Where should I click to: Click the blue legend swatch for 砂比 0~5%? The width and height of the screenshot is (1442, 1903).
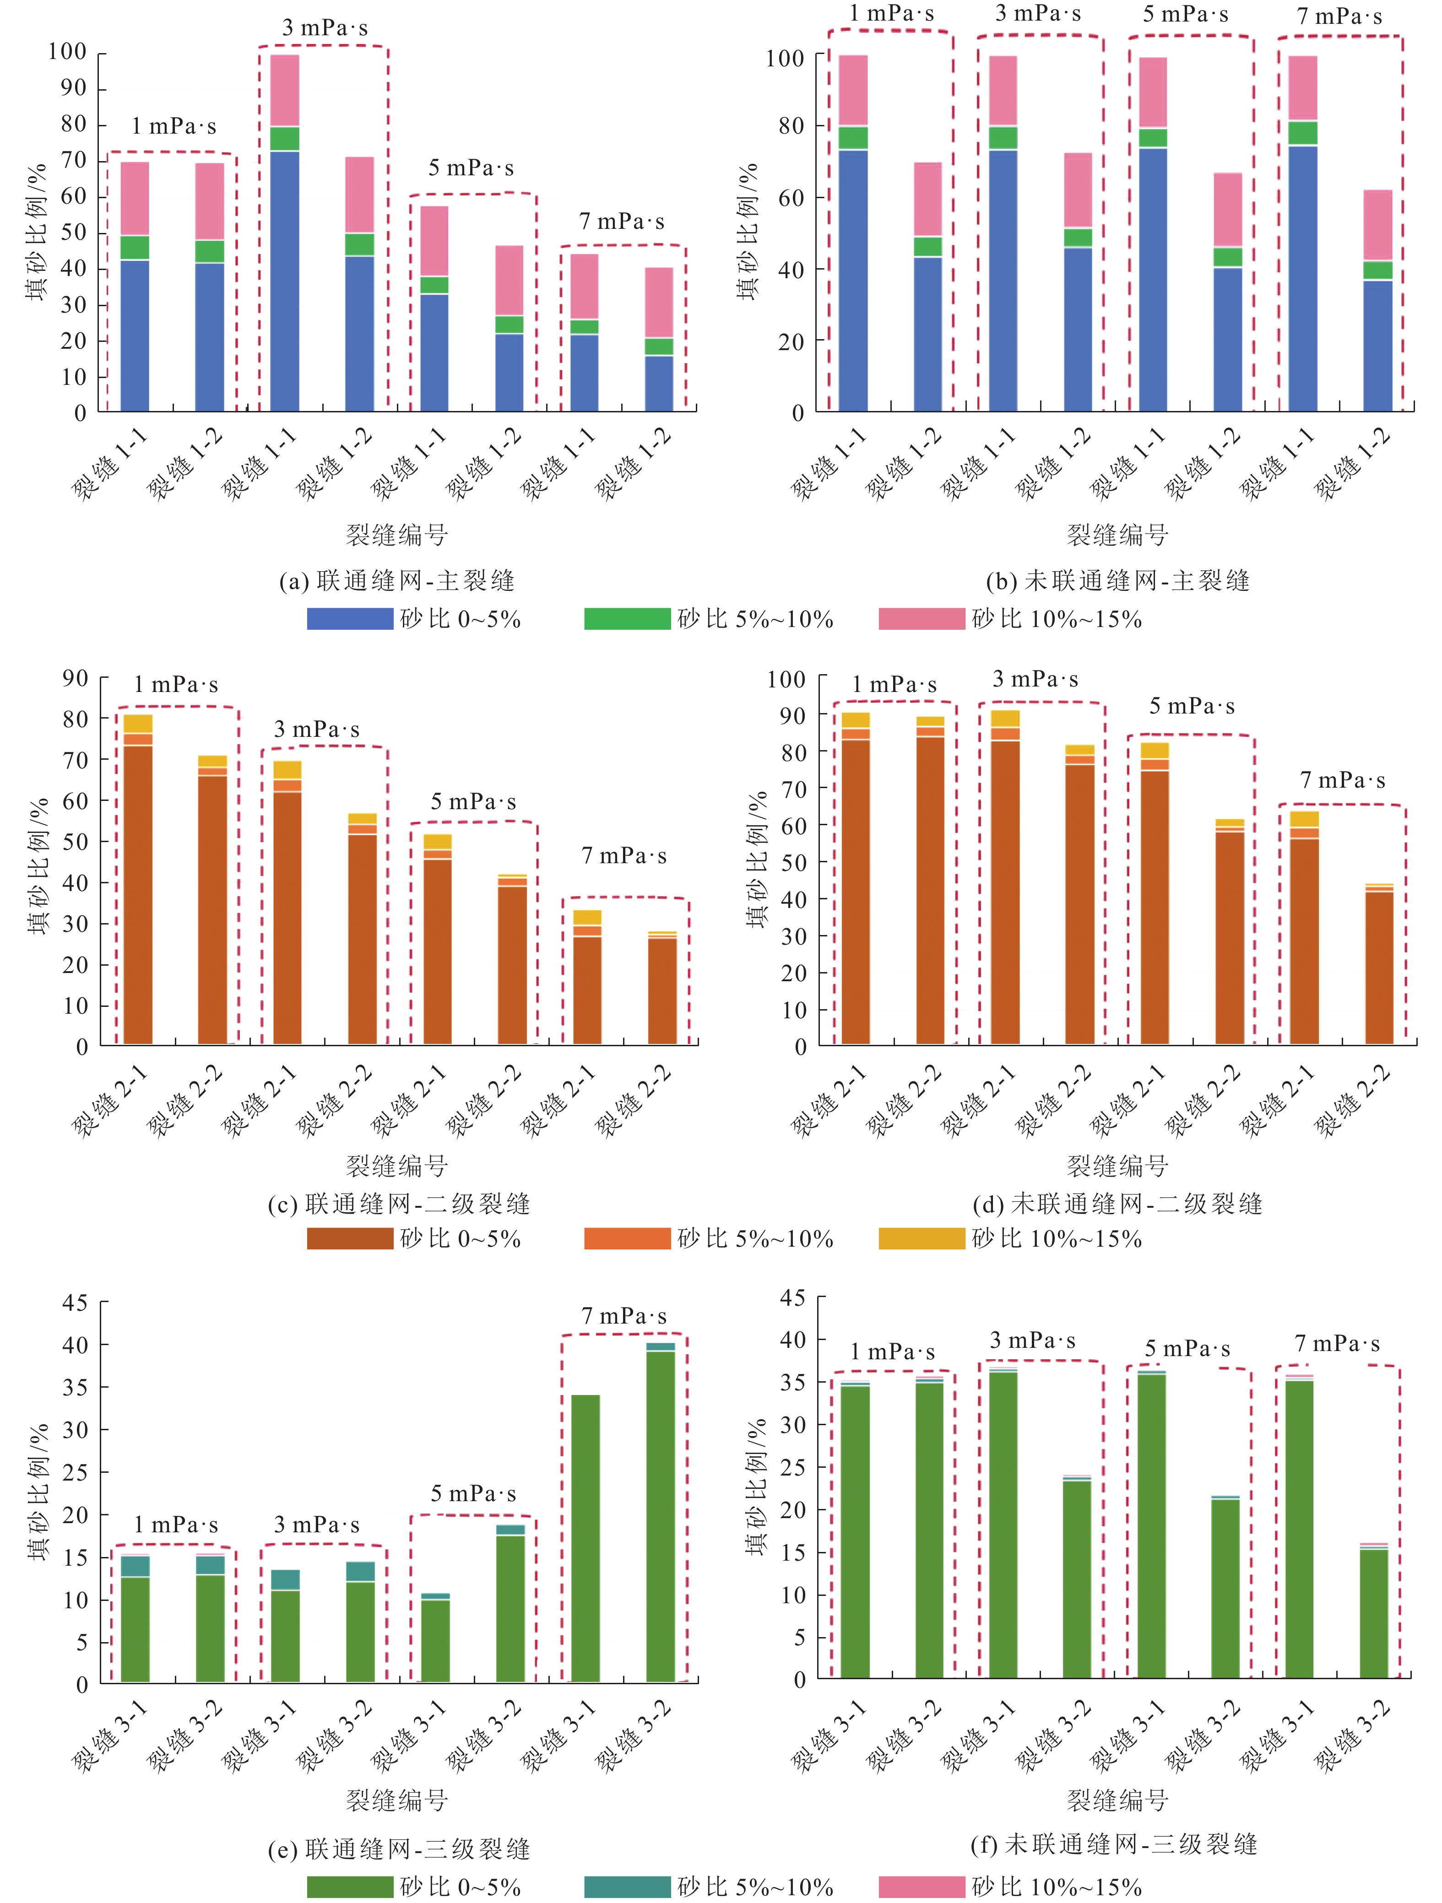click(350, 619)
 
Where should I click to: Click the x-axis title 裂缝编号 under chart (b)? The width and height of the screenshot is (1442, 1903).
click(1117, 535)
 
